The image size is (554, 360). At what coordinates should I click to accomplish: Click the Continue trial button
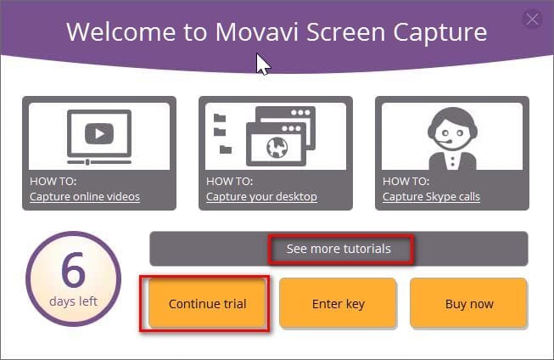(x=207, y=303)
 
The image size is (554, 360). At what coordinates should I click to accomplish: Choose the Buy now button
(x=469, y=303)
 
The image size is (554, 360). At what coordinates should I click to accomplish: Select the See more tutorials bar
(x=339, y=249)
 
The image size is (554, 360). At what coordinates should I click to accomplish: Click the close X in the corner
(x=533, y=19)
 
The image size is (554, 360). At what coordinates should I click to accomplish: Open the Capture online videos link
(x=85, y=197)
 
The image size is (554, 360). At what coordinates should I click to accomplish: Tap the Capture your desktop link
(x=261, y=197)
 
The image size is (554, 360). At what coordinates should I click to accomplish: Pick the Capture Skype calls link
(x=431, y=197)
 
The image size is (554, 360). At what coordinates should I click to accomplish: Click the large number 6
(x=73, y=271)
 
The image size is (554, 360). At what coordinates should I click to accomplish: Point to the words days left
(x=73, y=301)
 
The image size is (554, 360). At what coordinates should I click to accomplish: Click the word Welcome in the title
(x=120, y=32)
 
